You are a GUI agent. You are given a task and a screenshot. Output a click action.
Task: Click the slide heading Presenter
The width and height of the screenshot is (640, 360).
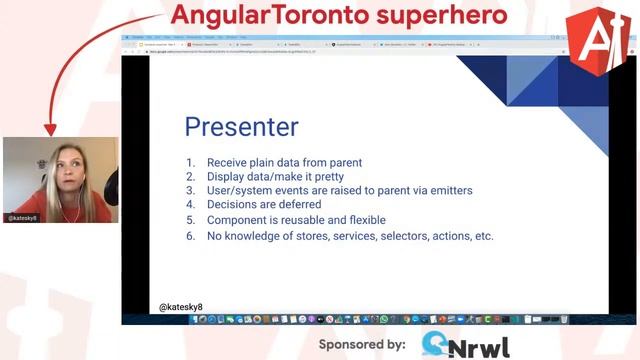241,127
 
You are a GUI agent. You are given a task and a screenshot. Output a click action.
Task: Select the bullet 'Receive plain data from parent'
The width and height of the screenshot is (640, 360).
284,163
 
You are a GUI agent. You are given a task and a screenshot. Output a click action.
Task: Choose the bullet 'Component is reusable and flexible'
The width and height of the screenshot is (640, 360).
296,220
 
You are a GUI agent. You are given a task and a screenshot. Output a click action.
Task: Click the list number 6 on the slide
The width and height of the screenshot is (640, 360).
190,236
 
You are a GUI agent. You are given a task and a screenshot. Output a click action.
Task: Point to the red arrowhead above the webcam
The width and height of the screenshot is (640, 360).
51,128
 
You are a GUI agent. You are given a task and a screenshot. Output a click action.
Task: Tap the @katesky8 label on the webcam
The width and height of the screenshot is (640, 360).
24,217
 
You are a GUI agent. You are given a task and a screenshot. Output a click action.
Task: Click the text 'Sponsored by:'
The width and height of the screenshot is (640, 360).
362,344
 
